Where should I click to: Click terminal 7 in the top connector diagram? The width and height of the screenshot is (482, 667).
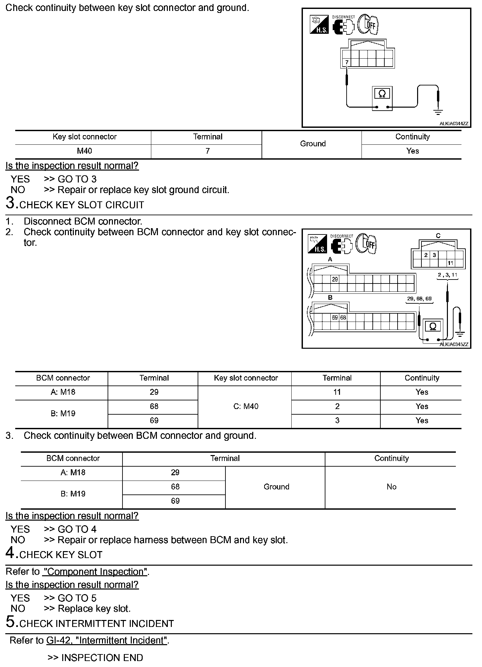pyautogui.click(x=347, y=62)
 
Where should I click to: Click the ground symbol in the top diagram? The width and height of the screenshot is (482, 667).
pyautogui.click(x=439, y=112)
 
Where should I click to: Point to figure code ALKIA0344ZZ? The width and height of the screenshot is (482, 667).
pyautogui.click(x=454, y=124)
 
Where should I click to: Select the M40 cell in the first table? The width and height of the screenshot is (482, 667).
pyautogui.click(x=84, y=151)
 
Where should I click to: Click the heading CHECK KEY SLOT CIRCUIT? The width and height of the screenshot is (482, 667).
pyautogui.click(x=82, y=205)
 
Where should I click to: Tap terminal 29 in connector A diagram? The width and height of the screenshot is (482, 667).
pyautogui.click(x=335, y=280)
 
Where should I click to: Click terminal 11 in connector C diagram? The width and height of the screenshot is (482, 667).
pyautogui.click(x=450, y=263)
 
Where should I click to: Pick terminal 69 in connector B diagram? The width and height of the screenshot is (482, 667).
pyautogui.click(x=335, y=318)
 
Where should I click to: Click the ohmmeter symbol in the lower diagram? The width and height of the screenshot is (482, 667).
pyautogui.click(x=433, y=327)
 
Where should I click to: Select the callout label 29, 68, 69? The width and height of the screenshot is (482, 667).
pyautogui.click(x=419, y=299)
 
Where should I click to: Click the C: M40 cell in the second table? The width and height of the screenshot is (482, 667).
pyautogui.click(x=246, y=406)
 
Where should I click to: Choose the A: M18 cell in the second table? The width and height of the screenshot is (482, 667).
pyautogui.click(x=63, y=392)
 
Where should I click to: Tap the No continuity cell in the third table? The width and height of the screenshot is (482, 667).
pyautogui.click(x=391, y=487)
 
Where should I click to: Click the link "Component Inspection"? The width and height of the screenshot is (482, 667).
pyautogui.click(x=95, y=572)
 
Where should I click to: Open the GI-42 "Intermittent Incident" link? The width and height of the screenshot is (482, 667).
pyautogui.click(x=106, y=641)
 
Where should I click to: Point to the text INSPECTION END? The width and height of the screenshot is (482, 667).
pyautogui.click(x=102, y=658)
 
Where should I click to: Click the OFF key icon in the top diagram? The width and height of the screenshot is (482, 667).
pyautogui.click(x=368, y=25)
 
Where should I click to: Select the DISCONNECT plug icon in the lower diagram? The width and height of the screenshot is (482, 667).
pyautogui.click(x=342, y=244)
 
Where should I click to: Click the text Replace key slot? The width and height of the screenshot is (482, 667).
pyautogui.click(x=94, y=609)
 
